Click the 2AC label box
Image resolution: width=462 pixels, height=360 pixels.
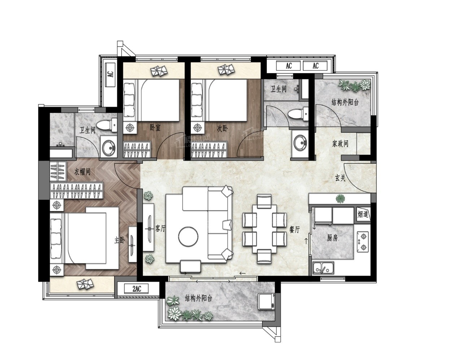click(136, 289)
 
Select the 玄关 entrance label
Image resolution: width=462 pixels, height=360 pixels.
click(340, 178)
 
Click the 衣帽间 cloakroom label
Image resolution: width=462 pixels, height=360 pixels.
click(82, 172)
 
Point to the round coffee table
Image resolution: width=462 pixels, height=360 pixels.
click(188, 236)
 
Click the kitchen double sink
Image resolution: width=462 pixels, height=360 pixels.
click(323, 268)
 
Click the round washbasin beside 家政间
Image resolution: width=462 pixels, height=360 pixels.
click(300, 142)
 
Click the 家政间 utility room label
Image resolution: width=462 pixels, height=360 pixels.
click(340, 144)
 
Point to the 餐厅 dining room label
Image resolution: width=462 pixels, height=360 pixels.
click(295, 229)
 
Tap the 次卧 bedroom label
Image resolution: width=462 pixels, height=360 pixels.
click(222, 129)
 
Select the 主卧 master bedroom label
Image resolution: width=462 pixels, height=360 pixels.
click(120, 241)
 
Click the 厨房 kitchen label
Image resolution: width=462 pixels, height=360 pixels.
click(332, 238)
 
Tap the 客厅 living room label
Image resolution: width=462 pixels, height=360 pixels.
click(160, 229)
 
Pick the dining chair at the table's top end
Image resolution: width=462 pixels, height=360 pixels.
click(264, 201)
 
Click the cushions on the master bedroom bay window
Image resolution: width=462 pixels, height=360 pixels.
click(85, 284)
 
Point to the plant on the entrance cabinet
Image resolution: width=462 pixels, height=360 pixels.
click(340, 198)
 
